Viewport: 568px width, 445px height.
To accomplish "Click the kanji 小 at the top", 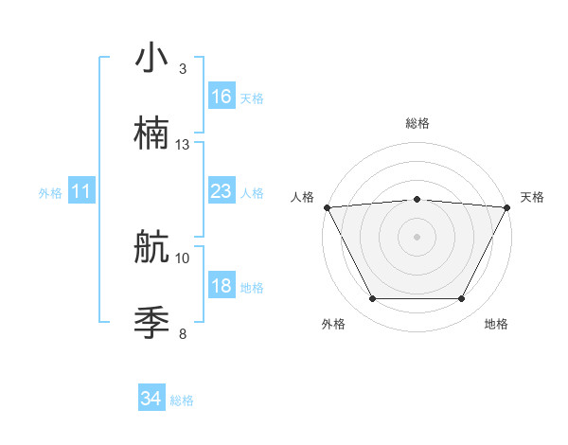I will point(151,58).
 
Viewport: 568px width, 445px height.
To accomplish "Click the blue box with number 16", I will point(222,97).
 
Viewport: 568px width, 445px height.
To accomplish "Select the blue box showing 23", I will point(222,191).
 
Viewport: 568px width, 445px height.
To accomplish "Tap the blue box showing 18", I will point(222,286).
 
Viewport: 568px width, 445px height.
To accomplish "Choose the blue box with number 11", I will point(81,191).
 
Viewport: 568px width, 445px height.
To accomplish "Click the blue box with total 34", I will point(151,400).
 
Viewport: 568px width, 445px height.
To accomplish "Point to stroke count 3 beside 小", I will point(182,69).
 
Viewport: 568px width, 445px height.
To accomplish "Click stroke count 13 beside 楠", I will point(183,145).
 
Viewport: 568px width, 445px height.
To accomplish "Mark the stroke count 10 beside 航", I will point(183,258).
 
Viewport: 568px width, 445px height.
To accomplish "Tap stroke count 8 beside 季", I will point(182,333).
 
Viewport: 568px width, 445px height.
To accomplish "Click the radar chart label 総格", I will point(417,123).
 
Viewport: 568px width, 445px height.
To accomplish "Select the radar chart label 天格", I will point(532,197).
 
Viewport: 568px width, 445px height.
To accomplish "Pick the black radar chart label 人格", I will point(302,197).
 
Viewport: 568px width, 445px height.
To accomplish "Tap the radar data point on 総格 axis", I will point(417,199).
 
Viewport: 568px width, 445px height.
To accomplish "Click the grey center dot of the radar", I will point(417,236).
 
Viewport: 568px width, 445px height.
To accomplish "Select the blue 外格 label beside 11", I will point(50,192).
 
